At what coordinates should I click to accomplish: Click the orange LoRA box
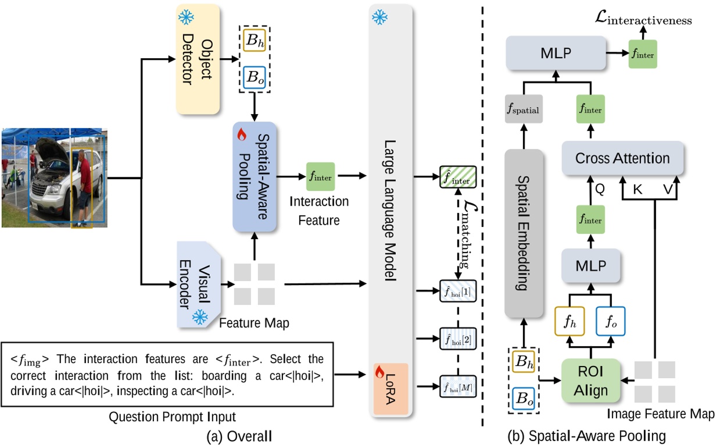(x=391, y=387)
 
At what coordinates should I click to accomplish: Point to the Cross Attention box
(x=622, y=158)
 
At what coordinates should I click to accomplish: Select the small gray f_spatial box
(x=524, y=109)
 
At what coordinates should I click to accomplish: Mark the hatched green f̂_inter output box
(x=457, y=177)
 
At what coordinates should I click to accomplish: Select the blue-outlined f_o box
(x=611, y=321)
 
